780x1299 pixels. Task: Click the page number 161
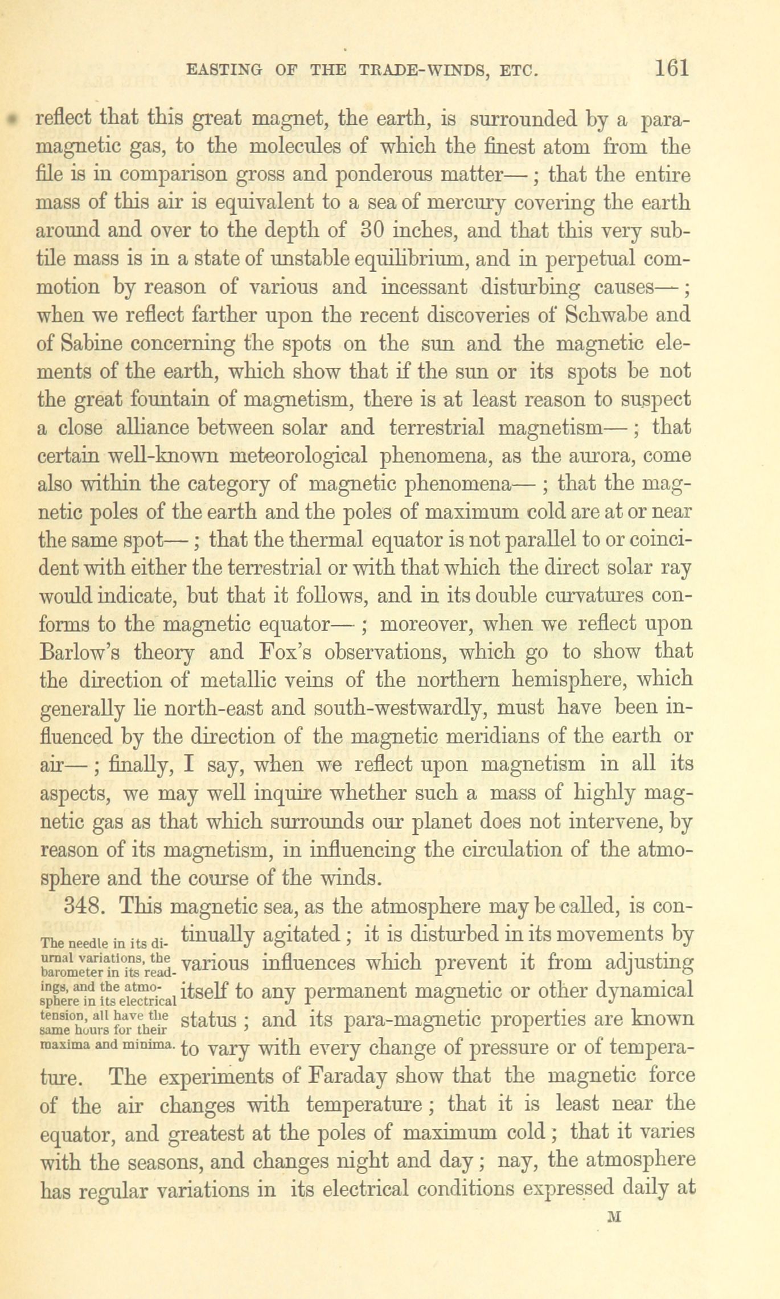(x=672, y=68)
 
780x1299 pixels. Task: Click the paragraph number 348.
(x=85, y=905)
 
